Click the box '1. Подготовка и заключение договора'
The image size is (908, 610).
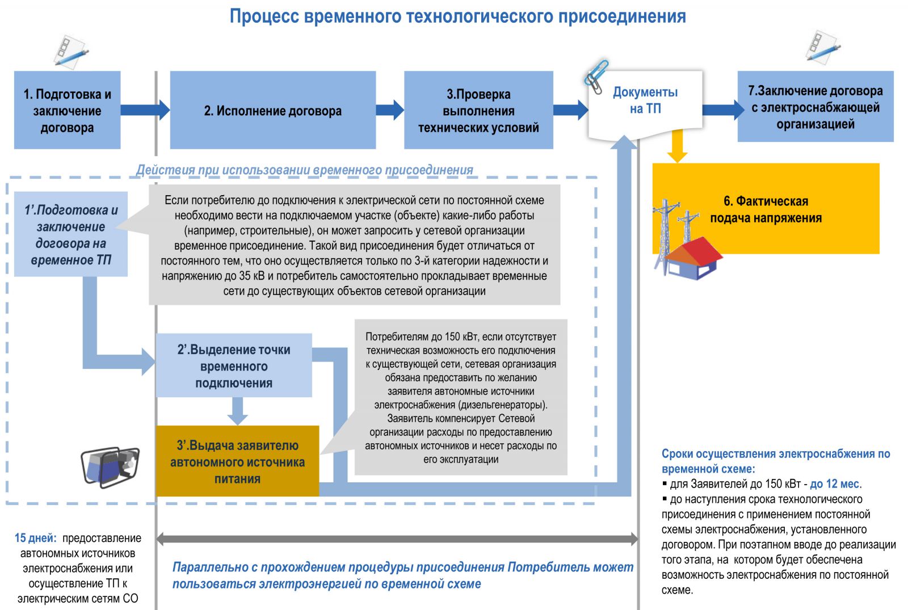coord(67,110)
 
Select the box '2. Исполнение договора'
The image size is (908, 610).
coord(272,110)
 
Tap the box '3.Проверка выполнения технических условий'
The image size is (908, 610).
coord(478,110)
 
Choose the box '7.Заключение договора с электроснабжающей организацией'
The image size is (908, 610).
coord(815,107)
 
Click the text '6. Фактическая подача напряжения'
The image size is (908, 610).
coord(766,209)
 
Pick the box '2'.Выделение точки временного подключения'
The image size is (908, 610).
coord(233,366)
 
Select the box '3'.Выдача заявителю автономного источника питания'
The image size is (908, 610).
coord(237,461)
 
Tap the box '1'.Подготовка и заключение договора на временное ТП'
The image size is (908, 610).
coord(70,234)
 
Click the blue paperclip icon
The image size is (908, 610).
coord(596,76)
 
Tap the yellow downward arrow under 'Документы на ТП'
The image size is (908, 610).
coord(676,146)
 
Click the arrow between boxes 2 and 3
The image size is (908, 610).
coord(390,110)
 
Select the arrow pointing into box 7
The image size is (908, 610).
coord(722,110)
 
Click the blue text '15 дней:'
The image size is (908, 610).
coord(35,538)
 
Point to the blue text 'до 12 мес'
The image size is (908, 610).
coord(835,484)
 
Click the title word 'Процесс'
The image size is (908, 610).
coord(264,16)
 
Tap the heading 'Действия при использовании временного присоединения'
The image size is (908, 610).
coord(304,170)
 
